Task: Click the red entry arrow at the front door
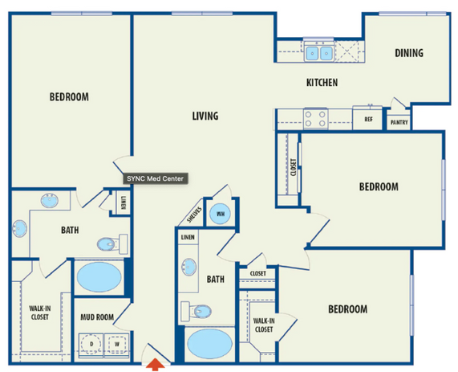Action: tap(158, 364)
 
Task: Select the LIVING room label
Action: tap(205, 117)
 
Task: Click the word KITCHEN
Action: tap(322, 83)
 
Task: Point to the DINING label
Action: tap(408, 54)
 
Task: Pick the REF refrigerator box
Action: tap(368, 119)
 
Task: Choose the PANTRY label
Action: tap(398, 122)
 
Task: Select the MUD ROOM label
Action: tap(97, 317)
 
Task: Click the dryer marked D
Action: tap(91, 343)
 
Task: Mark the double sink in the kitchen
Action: tap(319, 54)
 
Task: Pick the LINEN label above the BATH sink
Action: tap(188, 238)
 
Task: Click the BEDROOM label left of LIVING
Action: tap(69, 96)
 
